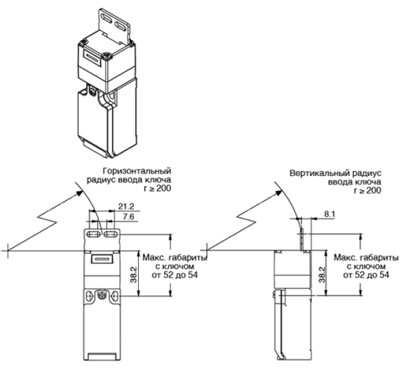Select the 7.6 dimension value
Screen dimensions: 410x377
pyautogui.click(x=129, y=216)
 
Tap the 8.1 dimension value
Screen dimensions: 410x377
pyautogui.click(x=330, y=214)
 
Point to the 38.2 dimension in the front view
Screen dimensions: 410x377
pyautogui.click(x=134, y=274)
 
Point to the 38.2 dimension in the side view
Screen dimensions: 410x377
pyautogui.click(x=322, y=274)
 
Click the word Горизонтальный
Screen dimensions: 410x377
pyautogui.click(x=137, y=171)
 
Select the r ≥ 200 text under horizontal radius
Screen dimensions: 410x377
pyautogui.click(x=158, y=188)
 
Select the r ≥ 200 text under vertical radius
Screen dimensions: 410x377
pyautogui.click(x=367, y=190)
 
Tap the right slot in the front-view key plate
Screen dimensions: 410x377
pyautogui.click(x=112, y=234)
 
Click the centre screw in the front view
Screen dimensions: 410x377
pyautogui.click(x=102, y=296)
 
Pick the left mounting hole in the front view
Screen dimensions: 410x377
pyautogui.click(x=89, y=296)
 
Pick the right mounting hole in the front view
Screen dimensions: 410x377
pyautogui.click(x=114, y=296)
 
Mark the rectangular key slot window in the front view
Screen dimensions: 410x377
pyautogui.click(x=101, y=259)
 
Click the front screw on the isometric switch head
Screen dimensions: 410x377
pyautogui.click(x=107, y=56)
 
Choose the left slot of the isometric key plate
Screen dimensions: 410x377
pyautogui.click(x=106, y=18)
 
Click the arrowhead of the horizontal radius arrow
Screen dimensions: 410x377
pyautogui.click(x=80, y=193)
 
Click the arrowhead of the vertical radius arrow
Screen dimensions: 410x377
pyautogui.click(x=279, y=192)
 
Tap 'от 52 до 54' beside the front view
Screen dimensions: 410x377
pyautogui.click(x=175, y=275)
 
